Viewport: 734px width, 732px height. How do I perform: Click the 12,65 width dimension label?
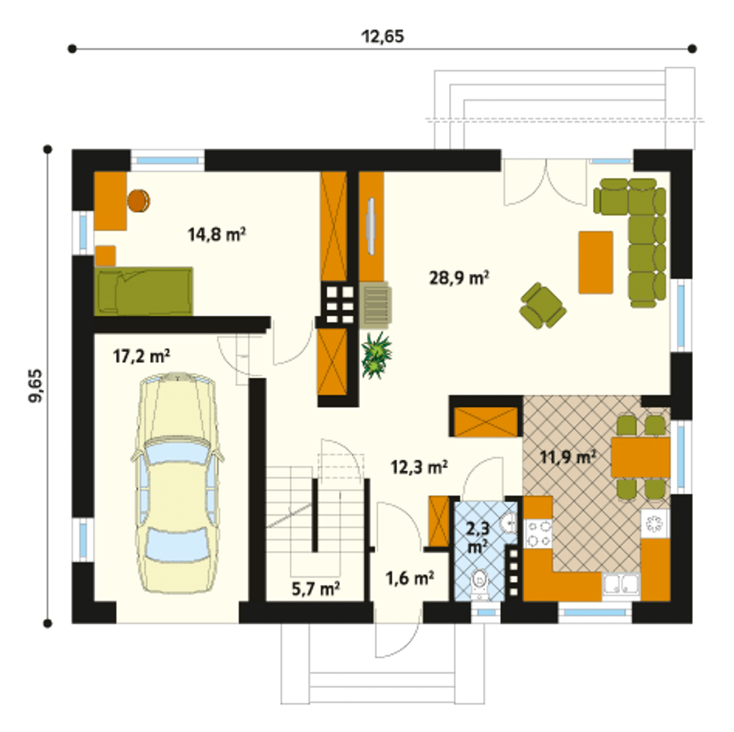point(382,37)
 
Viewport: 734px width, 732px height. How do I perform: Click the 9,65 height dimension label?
point(36,386)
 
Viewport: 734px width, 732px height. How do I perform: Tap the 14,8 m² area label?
point(216,234)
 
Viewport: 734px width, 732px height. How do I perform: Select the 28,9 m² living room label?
point(459,277)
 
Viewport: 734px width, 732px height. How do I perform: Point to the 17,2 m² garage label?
point(141,357)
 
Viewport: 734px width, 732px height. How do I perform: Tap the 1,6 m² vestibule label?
point(410,578)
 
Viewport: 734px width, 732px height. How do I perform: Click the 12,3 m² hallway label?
point(419,467)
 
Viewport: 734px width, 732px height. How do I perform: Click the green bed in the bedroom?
point(143,291)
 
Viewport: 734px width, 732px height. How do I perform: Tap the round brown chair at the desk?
point(139,201)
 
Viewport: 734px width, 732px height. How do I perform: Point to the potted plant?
point(376,355)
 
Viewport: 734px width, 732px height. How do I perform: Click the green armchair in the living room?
point(542,306)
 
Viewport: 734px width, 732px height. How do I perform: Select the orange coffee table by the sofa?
point(596,263)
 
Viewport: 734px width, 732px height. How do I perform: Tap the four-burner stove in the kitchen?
point(538,534)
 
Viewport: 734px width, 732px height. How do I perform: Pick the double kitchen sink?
point(621,587)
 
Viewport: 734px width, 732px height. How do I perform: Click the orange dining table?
point(641,457)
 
